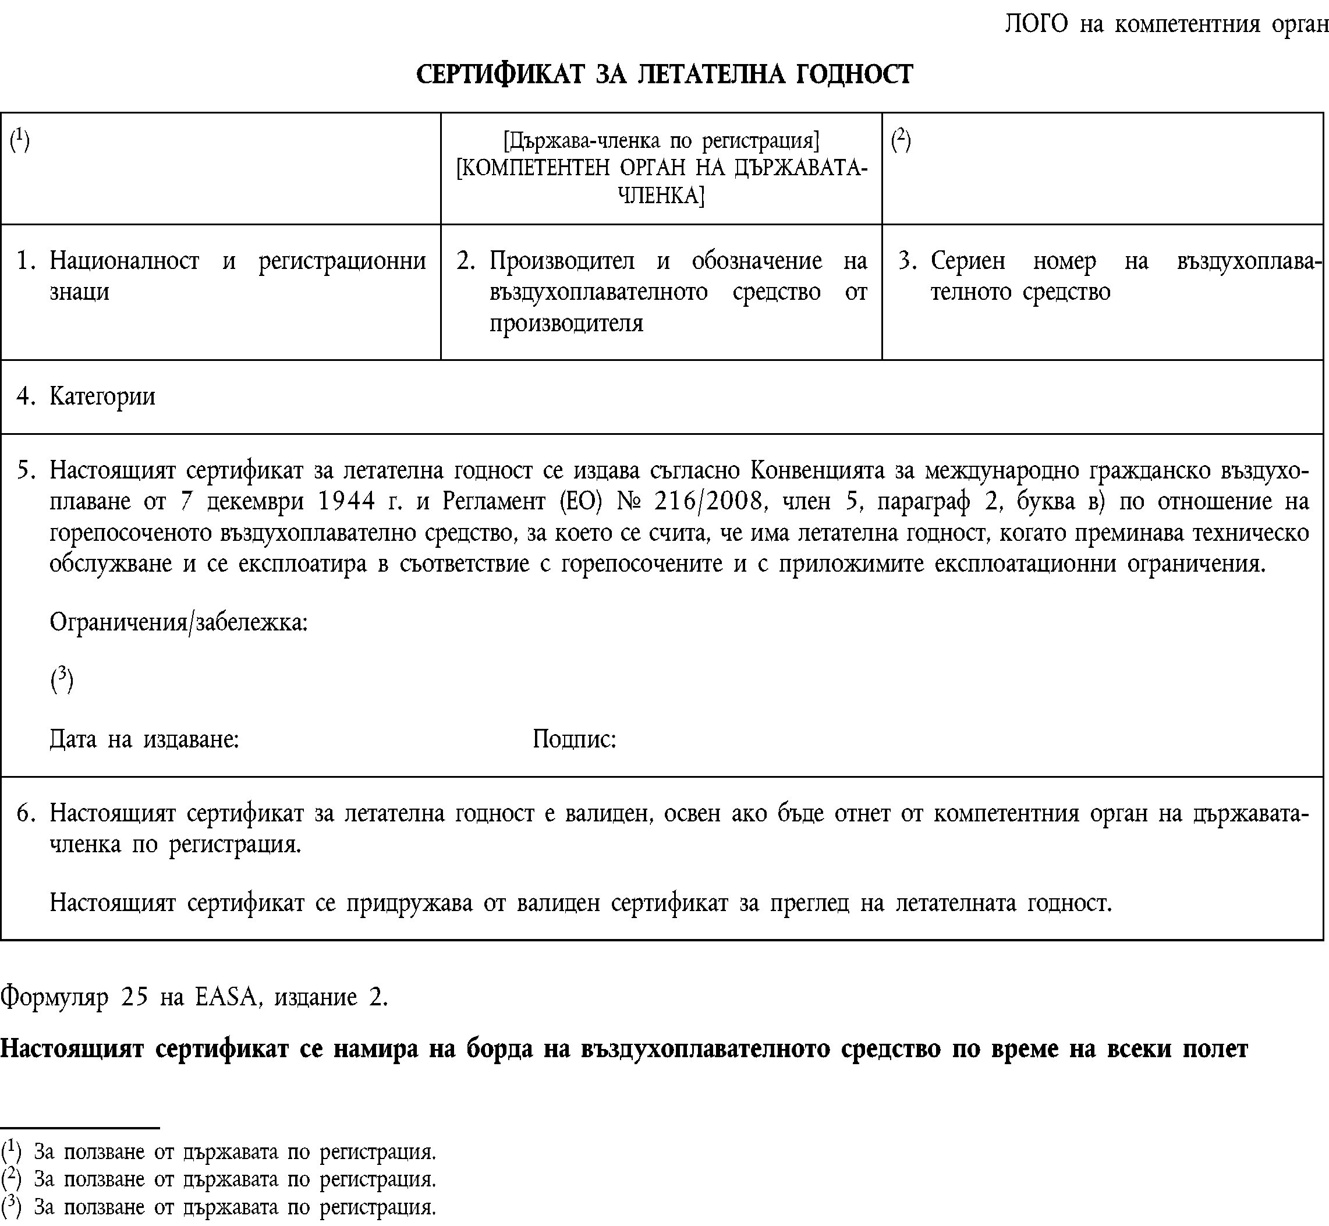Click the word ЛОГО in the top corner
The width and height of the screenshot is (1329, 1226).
coord(1036,24)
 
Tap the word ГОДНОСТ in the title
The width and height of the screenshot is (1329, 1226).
coord(853,75)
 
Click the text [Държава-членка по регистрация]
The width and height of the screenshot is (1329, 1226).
coord(661,141)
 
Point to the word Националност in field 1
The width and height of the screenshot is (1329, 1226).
coord(124,261)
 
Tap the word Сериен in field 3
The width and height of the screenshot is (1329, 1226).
coord(967,261)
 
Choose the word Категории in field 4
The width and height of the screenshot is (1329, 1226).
coord(102,396)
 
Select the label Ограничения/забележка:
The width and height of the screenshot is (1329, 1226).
coord(179,622)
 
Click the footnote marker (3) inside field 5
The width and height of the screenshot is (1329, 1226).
coord(61,680)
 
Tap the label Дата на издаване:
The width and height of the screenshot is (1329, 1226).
coord(144,738)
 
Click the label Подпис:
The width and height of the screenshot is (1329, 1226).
coord(574,738)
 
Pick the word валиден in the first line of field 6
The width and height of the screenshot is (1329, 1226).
coord(605,813)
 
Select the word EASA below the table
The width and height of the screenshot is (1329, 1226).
coord(225,997)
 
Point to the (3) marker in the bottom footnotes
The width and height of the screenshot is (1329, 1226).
coord(11,1206)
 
